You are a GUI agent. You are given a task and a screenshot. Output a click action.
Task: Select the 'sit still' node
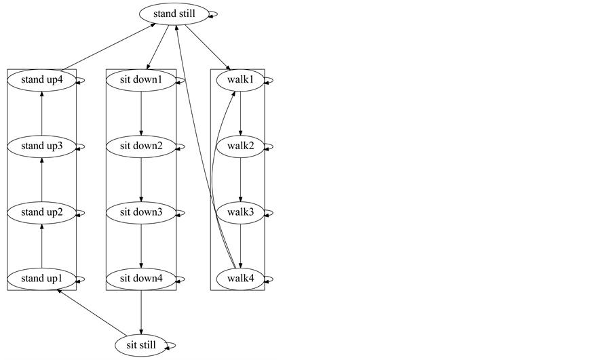click(x=141, y=345)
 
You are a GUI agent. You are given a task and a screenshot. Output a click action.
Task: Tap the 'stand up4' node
click(x=41, y=80)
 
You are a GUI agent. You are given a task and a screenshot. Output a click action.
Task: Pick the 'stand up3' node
click(x=41, y=146)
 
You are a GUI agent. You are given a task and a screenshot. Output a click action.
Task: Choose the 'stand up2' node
click(x=41, y=212)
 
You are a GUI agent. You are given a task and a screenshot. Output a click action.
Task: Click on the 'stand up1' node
click(x=41, y=279)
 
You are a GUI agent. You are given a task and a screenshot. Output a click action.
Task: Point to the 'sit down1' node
click(x=141, y=80)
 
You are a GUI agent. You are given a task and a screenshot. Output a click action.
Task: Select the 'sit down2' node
click(x=141, y=146)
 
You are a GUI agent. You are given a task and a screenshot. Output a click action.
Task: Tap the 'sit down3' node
click(x=141, y=212)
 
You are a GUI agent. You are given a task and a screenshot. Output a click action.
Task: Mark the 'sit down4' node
click(x=141, y=279)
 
